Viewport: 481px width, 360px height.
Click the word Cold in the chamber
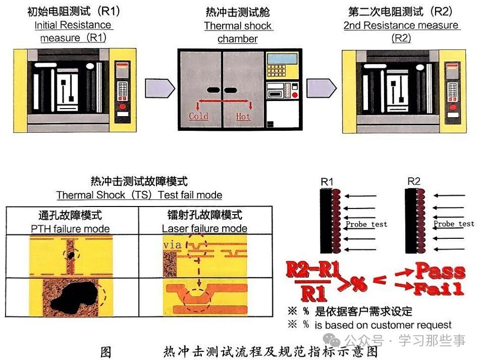198,117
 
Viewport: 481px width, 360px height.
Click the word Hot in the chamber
243,117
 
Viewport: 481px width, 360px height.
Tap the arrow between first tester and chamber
160,88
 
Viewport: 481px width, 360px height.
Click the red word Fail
438,289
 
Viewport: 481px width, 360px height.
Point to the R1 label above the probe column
327,181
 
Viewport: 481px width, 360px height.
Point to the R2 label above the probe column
414,181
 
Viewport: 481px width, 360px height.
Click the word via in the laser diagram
172,245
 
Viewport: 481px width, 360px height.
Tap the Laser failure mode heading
204,228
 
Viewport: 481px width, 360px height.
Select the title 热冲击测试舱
238,12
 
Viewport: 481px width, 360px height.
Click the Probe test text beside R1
366,224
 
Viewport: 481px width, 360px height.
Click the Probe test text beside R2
454,224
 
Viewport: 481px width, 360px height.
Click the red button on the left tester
122,106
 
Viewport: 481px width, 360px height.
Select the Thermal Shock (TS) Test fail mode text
139,195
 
